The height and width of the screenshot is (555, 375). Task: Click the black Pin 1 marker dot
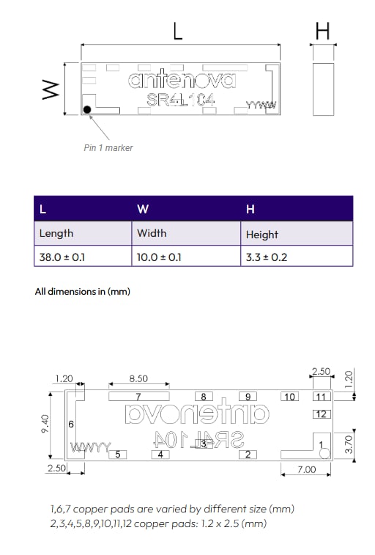tap(88, 110)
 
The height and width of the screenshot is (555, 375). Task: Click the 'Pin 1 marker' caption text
tap(108, 147)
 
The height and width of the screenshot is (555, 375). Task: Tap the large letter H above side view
tap(322, 31)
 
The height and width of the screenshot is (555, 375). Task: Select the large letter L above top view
tap(178, 31)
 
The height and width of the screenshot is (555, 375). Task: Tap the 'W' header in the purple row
tap(143, 209)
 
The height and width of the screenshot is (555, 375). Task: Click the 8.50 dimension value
tap(138, 379)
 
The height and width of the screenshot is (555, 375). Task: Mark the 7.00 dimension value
tap(306, 469)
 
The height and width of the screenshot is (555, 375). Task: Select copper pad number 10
tap(290, 397)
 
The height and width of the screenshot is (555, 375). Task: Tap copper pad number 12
tap(321, 414)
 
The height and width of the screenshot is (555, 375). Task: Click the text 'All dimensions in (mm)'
tap(83, 291)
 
